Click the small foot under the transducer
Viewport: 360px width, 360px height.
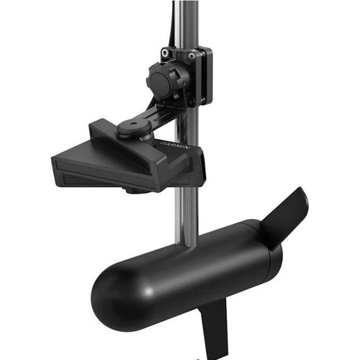pos(133,191)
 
